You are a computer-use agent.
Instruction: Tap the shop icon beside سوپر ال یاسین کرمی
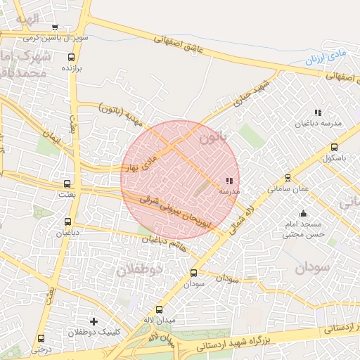55,29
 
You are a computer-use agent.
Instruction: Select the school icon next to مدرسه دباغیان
318,112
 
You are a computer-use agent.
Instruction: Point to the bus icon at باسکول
333,148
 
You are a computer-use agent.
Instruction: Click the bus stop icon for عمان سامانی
288,179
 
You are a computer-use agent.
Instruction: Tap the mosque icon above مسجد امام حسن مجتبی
303,214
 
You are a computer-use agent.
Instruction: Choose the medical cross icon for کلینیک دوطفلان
94,321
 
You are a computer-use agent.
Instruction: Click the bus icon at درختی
41,338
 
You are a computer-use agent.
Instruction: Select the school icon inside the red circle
231,181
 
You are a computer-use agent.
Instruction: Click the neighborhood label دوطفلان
139,269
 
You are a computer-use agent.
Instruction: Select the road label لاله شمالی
252,215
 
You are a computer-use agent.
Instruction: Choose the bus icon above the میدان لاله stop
159,310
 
